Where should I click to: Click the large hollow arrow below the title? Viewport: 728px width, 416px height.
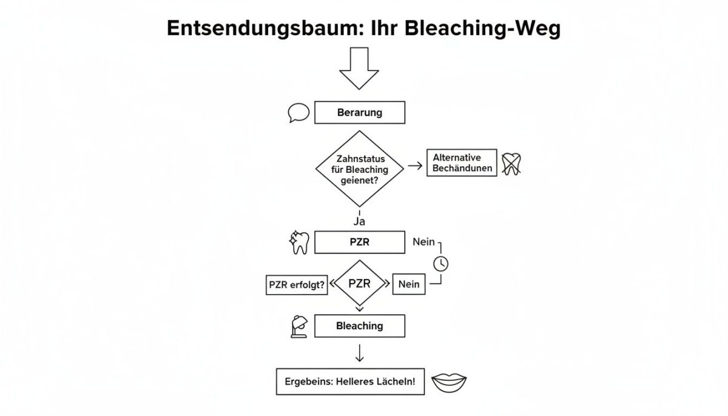coord(359,69)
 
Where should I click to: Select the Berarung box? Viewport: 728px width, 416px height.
coord(360,113)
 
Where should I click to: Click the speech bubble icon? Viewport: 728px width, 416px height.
coord(298,113)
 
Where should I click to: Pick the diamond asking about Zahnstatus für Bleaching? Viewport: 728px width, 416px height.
coord(360,168)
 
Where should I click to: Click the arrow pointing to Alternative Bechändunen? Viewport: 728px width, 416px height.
coord(415,166)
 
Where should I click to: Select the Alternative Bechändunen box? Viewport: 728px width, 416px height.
coord(462,163)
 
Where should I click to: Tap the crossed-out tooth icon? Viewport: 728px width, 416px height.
coord(511,164)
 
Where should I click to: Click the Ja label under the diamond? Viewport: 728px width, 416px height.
coord(359,221)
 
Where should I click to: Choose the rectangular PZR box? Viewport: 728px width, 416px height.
coord(360,242)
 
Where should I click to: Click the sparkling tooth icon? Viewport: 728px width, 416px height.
coord(300,242)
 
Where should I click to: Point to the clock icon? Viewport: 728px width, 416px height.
coord(441,263)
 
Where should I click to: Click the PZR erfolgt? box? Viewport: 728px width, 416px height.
coord(297,284)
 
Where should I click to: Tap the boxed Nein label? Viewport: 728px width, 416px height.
coord(409,284)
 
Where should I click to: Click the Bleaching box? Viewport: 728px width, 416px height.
coord(360,326)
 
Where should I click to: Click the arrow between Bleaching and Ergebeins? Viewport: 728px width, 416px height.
coord(360,353)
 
